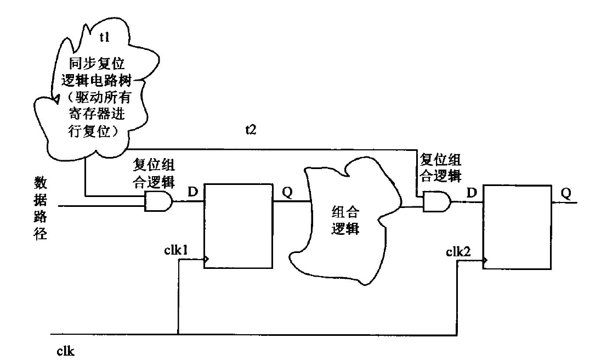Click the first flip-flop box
point(238,226)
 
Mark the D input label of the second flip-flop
point(470,193)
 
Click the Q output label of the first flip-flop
point(287,193)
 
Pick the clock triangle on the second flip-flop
point(485,261)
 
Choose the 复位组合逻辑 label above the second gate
point(439,167)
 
